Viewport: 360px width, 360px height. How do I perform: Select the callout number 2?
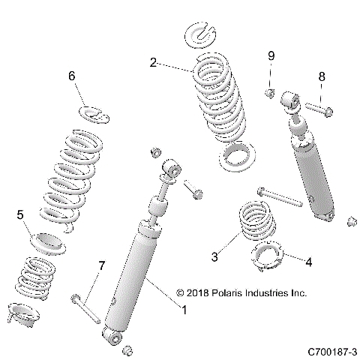[x=153, y=63]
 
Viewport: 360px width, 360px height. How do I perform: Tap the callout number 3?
[x=214, y=256]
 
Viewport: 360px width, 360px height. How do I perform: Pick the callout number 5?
[x=21, y=214]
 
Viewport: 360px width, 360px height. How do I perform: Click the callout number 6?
[x=72, y=76]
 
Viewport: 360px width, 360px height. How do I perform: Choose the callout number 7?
[x=102, y=266]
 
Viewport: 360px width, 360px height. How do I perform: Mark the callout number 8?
[x=322, y=76]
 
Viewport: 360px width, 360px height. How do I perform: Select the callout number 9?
[x=271, y=56]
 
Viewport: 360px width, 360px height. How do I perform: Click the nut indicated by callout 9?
[x=269, y=92]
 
